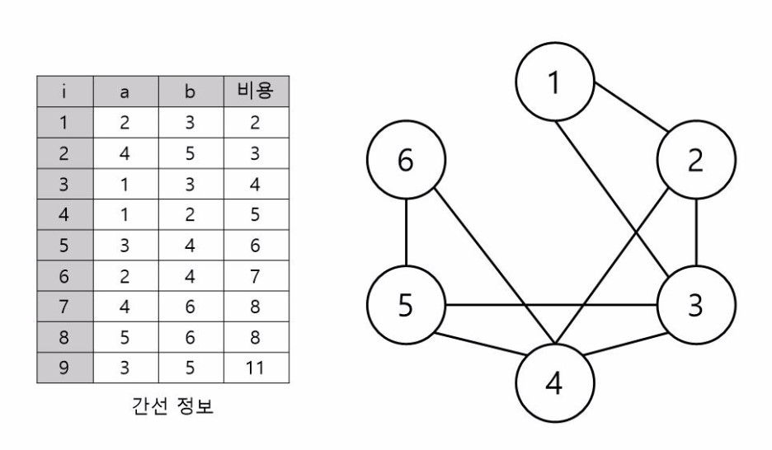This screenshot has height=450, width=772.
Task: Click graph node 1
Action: point(555,82)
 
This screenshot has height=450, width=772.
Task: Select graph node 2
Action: point(695,162)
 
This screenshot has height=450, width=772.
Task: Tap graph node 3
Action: point(695,305)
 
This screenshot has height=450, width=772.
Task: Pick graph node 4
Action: point(555,384)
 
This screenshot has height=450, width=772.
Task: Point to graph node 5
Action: point(406,305)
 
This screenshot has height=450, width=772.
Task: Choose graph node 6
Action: point(406,162)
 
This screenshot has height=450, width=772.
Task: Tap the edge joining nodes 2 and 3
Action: point(698,233)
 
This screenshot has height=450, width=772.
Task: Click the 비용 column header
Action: point(255,92)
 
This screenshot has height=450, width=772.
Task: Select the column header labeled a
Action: point(125,92)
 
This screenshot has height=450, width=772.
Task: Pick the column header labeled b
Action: point(189,92)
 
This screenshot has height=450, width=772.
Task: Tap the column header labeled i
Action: point(64,92)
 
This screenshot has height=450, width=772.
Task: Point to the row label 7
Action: point(64,305)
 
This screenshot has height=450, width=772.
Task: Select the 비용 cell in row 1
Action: point(255,123)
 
